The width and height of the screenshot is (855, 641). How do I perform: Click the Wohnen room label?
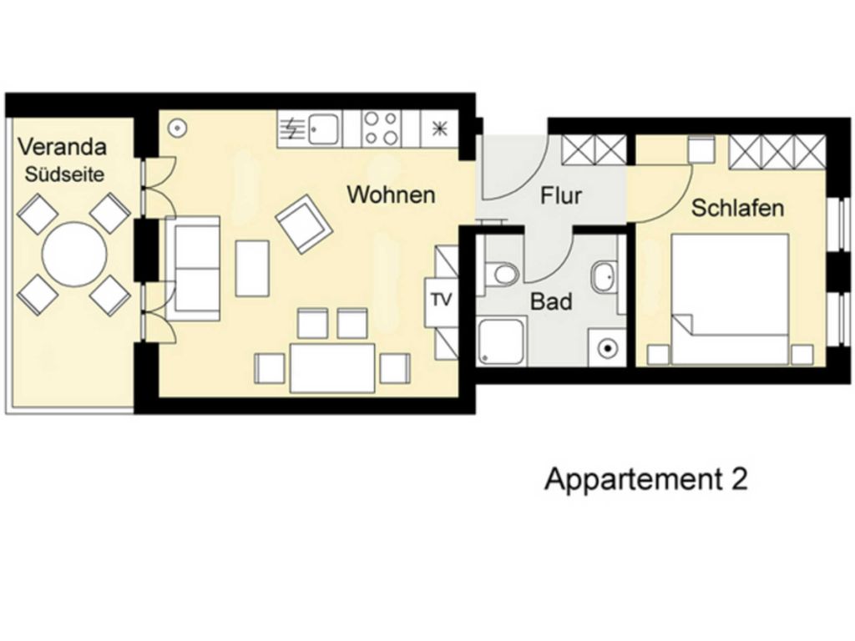click(391, 194)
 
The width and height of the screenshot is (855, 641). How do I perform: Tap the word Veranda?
click(62, 147)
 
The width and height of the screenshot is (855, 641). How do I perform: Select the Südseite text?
click(64, 174)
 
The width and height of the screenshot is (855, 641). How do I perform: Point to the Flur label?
click(560, 195)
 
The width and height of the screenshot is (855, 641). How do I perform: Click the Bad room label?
click(551, 301)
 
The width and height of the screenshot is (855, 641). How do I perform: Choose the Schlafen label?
click(737, 208)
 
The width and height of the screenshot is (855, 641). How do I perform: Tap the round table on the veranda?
click(74, 253)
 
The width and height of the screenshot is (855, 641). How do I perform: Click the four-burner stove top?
click(381, 129)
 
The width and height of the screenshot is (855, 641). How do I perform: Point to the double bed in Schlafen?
click(730, 300)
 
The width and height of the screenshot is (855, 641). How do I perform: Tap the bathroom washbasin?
click(604, 277)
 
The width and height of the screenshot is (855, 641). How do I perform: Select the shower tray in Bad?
click(502, 342)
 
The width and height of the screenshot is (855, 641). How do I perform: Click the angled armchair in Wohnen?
click(304, 224)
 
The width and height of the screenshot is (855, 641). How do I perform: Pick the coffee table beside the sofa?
click(252, 268)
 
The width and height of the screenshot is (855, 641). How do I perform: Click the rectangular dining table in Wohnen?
click(332, 368)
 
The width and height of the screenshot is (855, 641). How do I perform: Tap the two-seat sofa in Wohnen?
click(193, 268)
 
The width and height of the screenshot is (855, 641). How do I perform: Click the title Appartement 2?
click(646, 480)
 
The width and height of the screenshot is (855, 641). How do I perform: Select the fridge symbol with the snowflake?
click(439, 129)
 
